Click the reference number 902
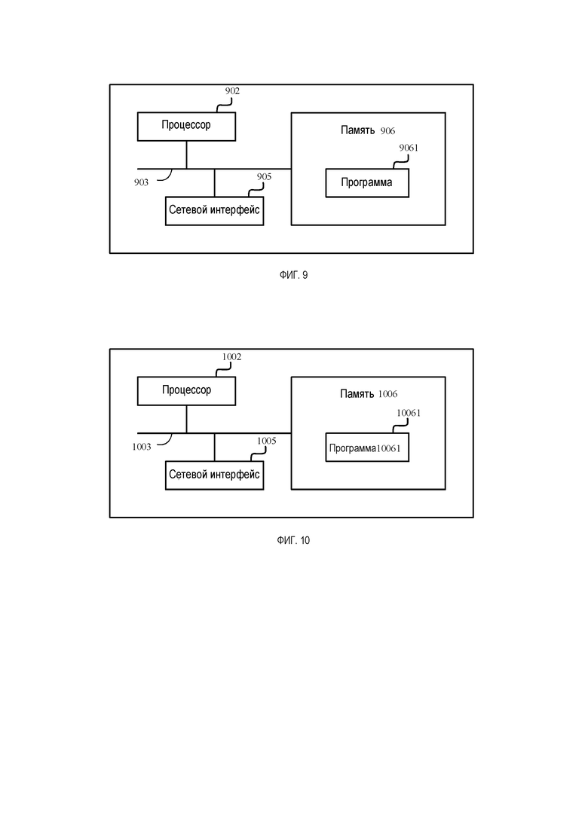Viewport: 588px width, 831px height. [x=232, y=91]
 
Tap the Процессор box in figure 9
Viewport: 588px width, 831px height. [x=186, y=126]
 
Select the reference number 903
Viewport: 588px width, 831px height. [x=141, y=182]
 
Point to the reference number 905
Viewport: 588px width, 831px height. [x=264, y=177]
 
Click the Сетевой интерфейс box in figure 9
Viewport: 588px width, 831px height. [x=214, y=211]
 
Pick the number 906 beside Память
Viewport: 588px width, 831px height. [x=387, y=131]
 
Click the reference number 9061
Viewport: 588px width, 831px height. [x=409, y=148]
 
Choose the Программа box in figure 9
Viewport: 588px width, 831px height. [x=367, y=183]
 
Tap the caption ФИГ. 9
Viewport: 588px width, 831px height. [x=294, y=275]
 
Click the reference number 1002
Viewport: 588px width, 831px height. [x=231, y=356]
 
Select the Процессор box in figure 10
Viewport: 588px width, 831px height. [x=186, y=391]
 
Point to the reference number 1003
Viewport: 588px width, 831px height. [x=142, y=447]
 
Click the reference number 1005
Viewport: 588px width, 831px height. [x=267, y=441]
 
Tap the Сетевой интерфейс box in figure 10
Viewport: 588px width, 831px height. [x=214, y=475]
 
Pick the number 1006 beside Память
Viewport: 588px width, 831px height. [x=387, y=394]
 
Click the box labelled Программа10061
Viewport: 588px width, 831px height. [x=367, y=448]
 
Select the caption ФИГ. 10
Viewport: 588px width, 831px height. [x=293, y=541]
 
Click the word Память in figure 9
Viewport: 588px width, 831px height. [x=357, y=130]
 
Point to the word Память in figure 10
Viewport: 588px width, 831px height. [x=357, y=394]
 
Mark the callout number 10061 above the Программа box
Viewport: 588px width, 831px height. [x=409, y=413]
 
